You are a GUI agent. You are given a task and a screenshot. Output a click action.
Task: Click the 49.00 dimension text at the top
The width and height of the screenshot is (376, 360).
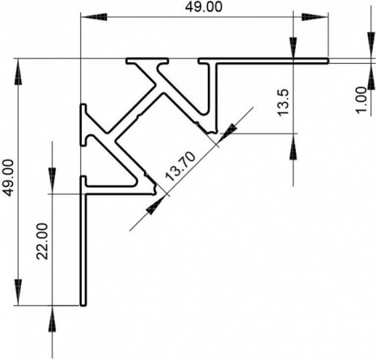[x=204, y=6]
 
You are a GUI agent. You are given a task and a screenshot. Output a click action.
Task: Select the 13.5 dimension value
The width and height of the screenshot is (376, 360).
[x=283, y=103]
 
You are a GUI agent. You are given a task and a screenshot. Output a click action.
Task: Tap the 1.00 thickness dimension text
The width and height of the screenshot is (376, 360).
[x=361, y=100]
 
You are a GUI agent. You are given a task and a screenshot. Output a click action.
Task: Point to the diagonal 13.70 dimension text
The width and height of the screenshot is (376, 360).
[x=180, y=166]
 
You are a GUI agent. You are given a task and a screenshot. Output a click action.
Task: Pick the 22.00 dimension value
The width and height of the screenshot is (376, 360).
[x=42, y=241]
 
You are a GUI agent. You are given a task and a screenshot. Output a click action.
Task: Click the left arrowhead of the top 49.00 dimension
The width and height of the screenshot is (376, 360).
[x=94, y=17]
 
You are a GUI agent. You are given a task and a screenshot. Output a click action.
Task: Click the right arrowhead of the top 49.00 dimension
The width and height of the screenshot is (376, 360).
[x=315, y=17]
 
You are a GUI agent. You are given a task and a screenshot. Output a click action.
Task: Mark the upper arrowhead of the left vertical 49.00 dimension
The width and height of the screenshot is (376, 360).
[x=18, y=72]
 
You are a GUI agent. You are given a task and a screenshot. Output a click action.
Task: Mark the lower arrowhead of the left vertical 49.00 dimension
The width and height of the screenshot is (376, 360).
[x=18, y=292]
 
